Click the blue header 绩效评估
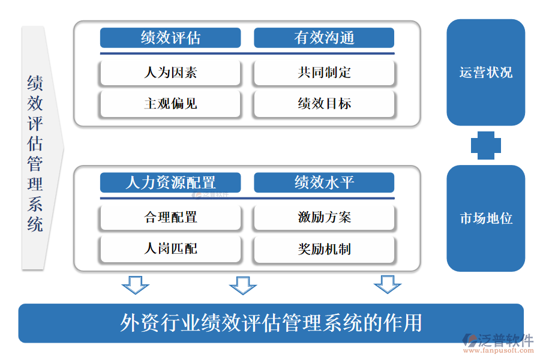point(170,38)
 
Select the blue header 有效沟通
point(324,38)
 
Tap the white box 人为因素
point(170,73)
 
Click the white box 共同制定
point(324,73)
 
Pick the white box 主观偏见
point(170,104)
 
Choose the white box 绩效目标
point(324,104)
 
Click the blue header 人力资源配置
point(170,182)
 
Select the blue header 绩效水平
point(324,182)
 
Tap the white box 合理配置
point(170,217)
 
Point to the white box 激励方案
point(324,217)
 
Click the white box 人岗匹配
point(170,248)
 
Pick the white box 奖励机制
point(324,248)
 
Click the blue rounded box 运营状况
point(485,73)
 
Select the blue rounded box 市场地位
point(485,218)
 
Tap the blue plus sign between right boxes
point(485,145)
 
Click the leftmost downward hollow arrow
point(135,285)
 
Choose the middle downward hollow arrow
point(242,285)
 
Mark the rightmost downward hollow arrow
point(387,285)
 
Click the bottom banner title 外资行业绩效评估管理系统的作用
point(271,323)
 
